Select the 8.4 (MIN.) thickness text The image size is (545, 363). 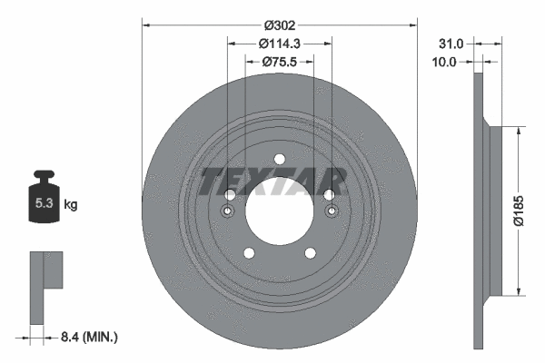point(88,338)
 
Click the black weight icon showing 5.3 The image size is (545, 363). point(42,201)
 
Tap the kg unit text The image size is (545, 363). point(70,205)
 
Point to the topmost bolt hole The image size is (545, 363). point(279,160)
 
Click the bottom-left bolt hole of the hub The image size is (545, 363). point(248,253)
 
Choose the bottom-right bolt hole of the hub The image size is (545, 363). point(310,253)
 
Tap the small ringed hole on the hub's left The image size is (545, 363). point(228,212)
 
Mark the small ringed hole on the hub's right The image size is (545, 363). point(331,212)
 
